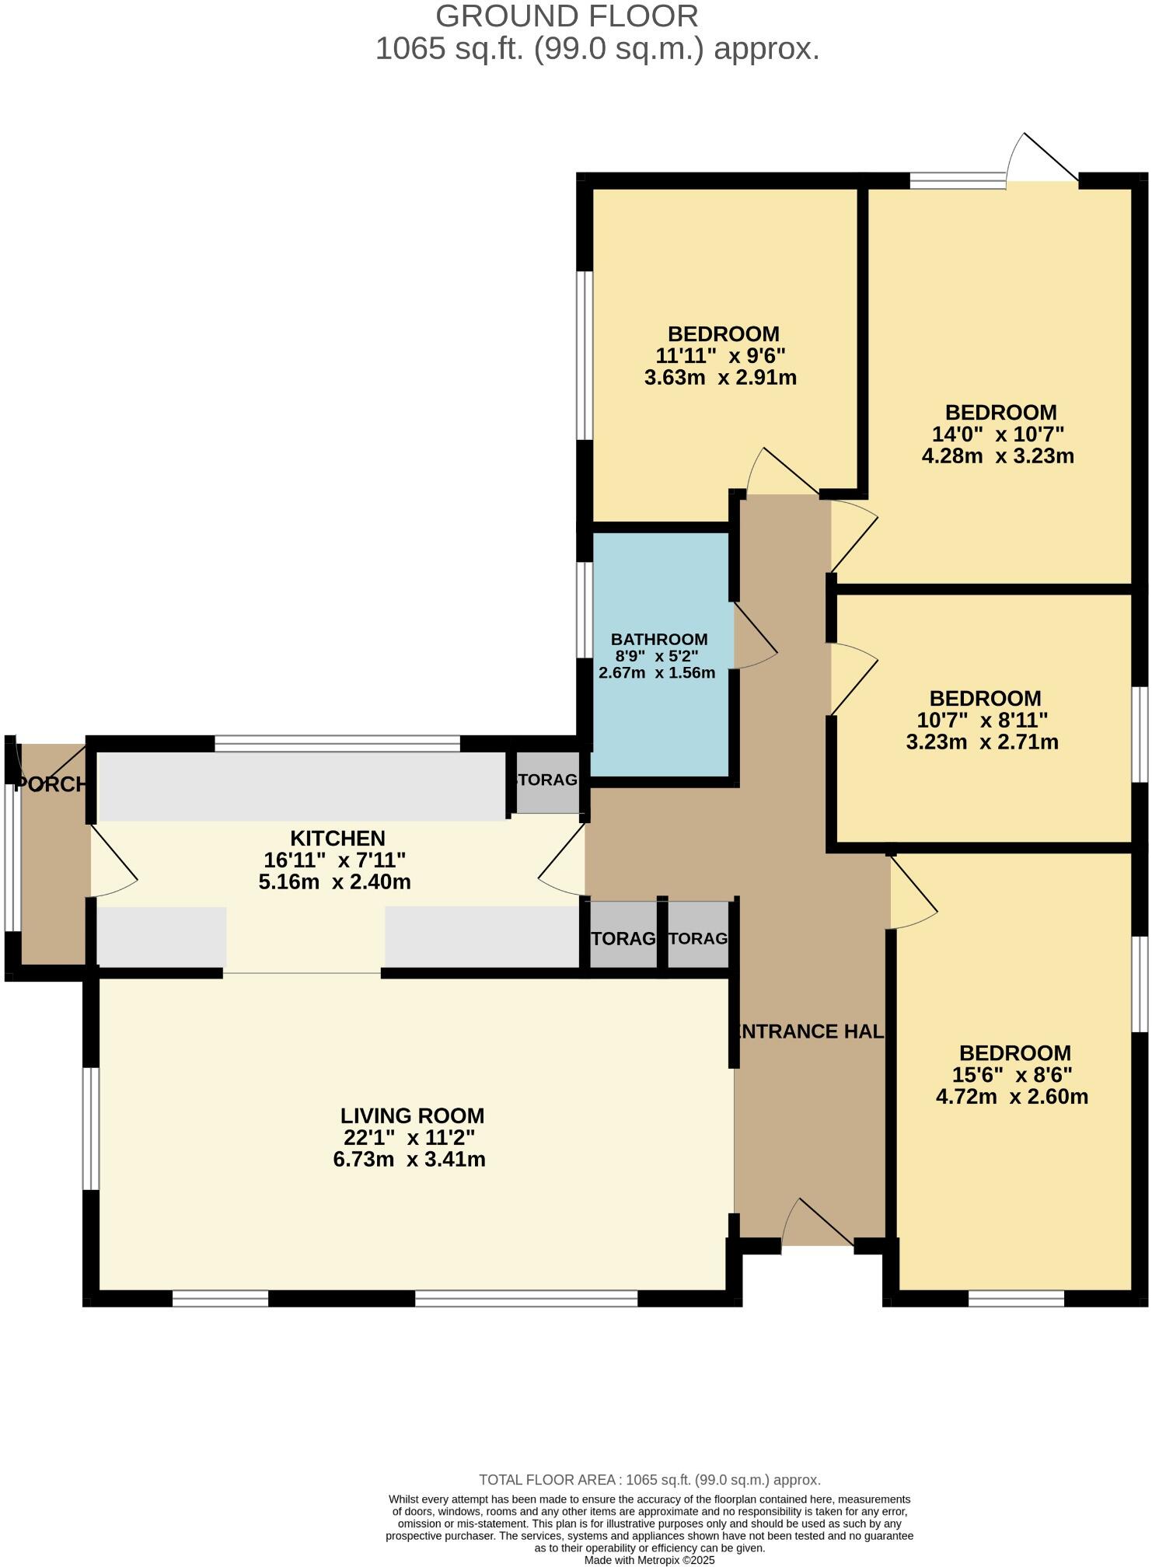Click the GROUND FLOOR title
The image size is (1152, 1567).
coord(566,16)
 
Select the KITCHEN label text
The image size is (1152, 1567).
coord(337,838)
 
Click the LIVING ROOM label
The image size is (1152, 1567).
coord(412,1115)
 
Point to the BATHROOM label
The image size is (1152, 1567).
coord(659,639)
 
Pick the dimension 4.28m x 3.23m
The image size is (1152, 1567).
coord(997,455)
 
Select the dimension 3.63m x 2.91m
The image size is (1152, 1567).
coord(721,378)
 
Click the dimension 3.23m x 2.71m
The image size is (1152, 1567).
coord(982,742)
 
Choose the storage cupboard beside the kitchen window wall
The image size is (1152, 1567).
coord(548,780)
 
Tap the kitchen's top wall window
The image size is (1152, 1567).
coord(337,743)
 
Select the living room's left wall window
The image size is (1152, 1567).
coord(91,1128)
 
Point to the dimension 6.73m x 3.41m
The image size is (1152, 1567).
coord(409,1160)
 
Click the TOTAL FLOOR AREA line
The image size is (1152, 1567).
coord(649,1480)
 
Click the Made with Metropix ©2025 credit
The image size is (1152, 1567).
coord(649,1560)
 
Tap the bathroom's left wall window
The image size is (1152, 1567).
coord(585,609)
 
